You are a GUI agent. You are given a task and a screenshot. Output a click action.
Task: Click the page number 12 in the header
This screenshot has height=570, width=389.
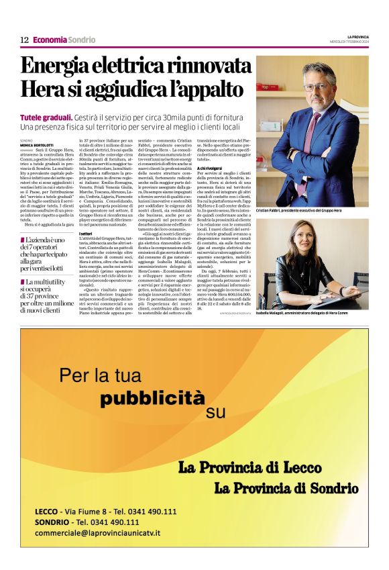point(24,40)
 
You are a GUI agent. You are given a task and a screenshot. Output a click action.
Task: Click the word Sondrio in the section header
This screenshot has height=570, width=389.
point(81,40)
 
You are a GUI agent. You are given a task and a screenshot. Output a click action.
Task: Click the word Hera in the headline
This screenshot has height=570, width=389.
point(44,89)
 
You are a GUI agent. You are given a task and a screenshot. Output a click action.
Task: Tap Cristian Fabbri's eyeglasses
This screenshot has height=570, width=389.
point(315,87)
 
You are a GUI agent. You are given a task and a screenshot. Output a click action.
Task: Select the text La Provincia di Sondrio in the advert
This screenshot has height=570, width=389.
point(286,487)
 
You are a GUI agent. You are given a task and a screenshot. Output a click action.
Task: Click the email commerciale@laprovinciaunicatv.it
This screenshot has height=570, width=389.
point(106,532)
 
